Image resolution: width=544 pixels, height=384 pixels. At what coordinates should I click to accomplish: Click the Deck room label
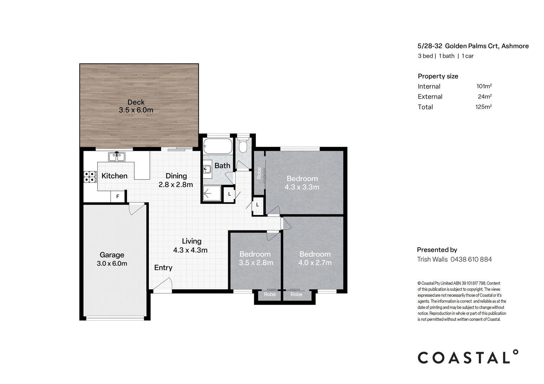(x=136, y=102)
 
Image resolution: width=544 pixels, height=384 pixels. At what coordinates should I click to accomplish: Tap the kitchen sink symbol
(x=116, y=156)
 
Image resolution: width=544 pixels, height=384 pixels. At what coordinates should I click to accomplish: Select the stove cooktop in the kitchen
(x=90, y=177)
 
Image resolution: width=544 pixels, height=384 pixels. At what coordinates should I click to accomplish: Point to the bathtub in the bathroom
(x=218, y=146)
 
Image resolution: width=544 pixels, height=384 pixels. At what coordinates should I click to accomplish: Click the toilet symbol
(x=244, y=146)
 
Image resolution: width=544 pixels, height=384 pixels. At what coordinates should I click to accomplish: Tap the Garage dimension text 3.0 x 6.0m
(x=112, y=263)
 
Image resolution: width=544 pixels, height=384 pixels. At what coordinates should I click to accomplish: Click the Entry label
(x=163, y=268)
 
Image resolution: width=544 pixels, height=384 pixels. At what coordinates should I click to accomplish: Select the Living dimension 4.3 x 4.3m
(x=190, y=250)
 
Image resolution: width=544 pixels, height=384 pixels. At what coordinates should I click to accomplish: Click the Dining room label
(x=176, y=176)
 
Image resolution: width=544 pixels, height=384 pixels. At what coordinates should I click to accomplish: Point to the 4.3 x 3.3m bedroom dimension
(x=302, y=187)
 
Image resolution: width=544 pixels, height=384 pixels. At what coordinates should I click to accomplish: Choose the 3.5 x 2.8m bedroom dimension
(x=256, y=263)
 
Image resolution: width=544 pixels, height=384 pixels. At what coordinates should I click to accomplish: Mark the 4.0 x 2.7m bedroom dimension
(x=315, y=263)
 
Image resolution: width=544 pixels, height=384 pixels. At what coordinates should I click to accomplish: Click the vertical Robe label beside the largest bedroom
(x=259, y=173)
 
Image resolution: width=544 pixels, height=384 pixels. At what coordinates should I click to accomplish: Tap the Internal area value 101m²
(x=484, y=86)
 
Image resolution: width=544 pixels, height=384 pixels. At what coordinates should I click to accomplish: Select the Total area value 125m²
(x=483, y=107)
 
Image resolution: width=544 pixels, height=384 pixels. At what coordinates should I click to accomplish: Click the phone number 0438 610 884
(x=471, y=259)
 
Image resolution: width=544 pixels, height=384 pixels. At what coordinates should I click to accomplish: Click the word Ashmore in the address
(x=515, y=46)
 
